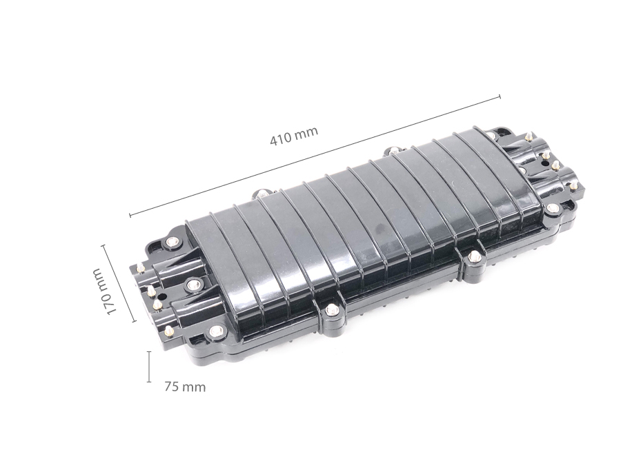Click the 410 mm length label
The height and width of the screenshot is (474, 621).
pyautogui.click(x=294, y=136)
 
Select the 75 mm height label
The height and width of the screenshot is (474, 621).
pyautogui.click(x=185, y=387)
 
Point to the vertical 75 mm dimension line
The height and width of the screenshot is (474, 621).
pyautogui.click(x=149, y=367)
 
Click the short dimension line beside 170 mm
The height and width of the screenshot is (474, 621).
pyautogui.click(x=119, y=283)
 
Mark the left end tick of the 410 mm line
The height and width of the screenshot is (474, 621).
pyautogui.click(x=130, y=216)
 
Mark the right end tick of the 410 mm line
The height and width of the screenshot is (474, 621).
pyautogui.click(x=500, y=96)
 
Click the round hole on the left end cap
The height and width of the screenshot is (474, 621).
pyautogui.click(x=162, y=296)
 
